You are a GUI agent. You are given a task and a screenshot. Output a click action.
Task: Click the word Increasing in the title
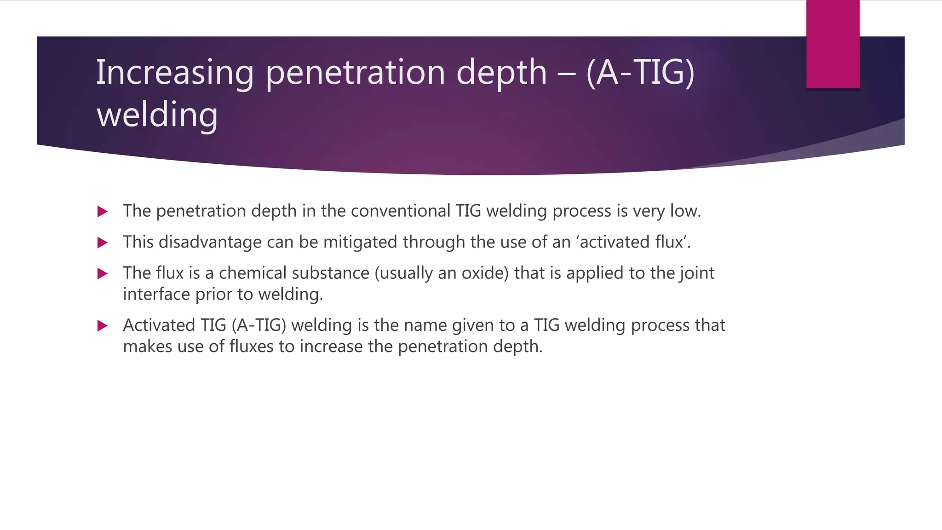pyautogui.click(x=174, y=73)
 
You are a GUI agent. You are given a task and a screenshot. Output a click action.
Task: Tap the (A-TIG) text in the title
pyautogui.click(x=640, y=73)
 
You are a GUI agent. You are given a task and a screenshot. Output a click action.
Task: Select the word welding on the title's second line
pyautogui.click(x=157, y=115)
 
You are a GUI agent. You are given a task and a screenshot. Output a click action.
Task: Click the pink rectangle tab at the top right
pyautogui.click(x=833, y=44)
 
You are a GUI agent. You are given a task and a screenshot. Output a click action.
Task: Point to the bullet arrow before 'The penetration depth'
pyautogui.click(x=103, y=212)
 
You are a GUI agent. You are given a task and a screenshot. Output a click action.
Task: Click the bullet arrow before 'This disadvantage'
pyautogui.click(x=103, y=242)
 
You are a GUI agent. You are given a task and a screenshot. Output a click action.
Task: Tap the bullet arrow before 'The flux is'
pyautogui.click(x=103, y=274)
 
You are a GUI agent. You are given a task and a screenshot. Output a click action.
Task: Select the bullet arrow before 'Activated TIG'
pyautogui.click(x=103, y=326)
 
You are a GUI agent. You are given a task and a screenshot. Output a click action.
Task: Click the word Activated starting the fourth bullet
pyautogui.click(x=159, y=325)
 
